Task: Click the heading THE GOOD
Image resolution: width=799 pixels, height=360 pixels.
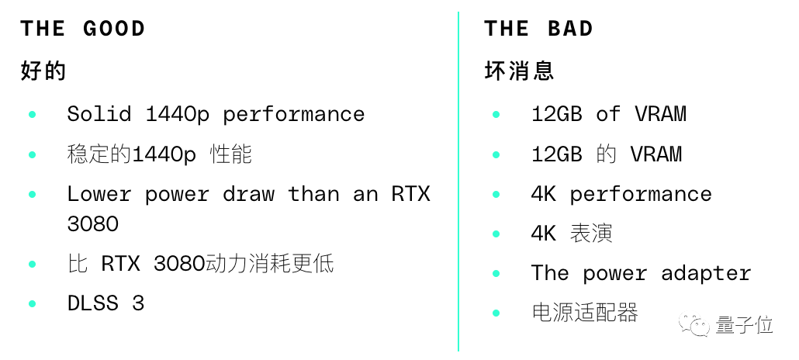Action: coord(83,29)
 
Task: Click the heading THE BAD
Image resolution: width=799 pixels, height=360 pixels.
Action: coord(539,29)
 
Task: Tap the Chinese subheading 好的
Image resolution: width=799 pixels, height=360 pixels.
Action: coord(43,71)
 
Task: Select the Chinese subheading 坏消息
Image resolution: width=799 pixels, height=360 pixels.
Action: coord(519,71)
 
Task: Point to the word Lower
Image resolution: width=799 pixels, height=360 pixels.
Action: coord(99,193)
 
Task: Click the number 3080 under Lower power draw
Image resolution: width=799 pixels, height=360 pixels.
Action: coord(93,224)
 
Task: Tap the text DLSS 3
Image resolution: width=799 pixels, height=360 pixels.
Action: coord(105,303)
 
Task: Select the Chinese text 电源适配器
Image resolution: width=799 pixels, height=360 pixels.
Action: coord(584,313)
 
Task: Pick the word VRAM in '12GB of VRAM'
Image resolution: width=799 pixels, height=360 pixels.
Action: coord(660,114)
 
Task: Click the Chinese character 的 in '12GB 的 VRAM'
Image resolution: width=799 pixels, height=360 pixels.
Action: coord(606,154)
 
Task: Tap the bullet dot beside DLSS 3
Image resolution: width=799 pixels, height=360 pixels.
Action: coord(33,303)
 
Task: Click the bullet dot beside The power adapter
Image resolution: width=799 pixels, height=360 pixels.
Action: coord(496,274)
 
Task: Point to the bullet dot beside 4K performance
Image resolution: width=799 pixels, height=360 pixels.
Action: coord(496,194)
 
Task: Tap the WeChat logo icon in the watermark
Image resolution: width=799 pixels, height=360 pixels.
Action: coord(694,324)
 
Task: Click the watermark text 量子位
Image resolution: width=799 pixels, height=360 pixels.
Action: coord(745,324)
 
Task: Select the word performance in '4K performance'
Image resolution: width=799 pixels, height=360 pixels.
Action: coord(641,194)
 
